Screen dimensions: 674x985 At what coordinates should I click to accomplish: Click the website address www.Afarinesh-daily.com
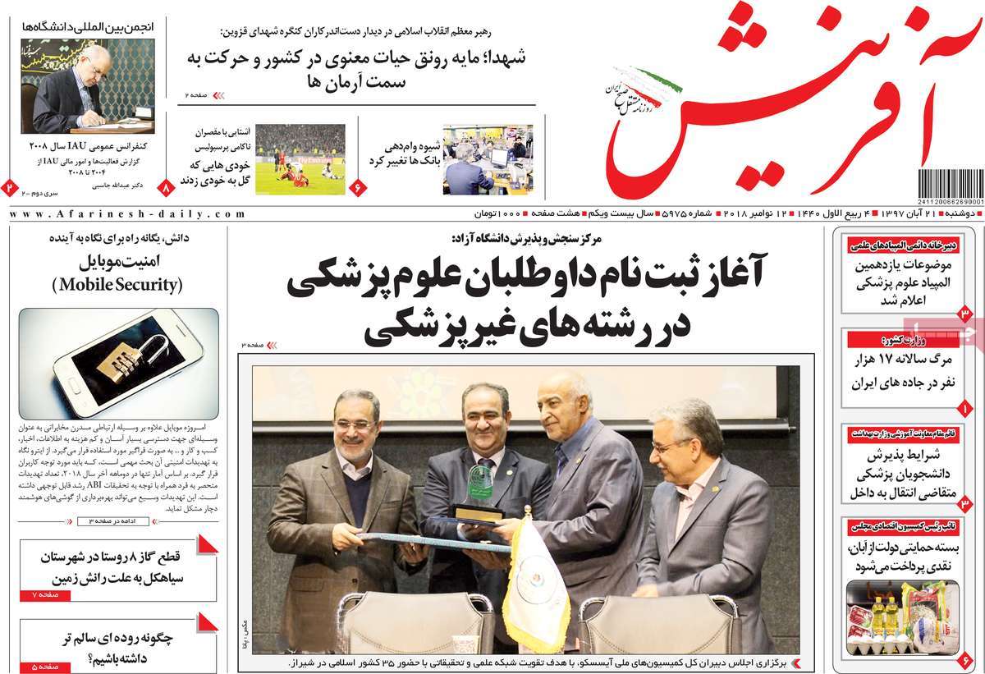(x=127, y=213)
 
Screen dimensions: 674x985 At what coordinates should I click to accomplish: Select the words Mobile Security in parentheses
(x=118, y=285)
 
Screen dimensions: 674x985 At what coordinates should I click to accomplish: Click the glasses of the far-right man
(x=673, y=446)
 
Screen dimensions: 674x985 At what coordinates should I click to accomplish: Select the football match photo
(x=300, y=159)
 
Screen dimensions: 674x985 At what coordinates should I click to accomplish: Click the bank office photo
(x=488, y=159)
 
